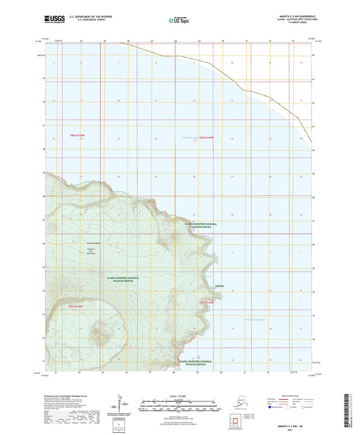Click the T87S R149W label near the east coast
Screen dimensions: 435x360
[206, 303]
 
